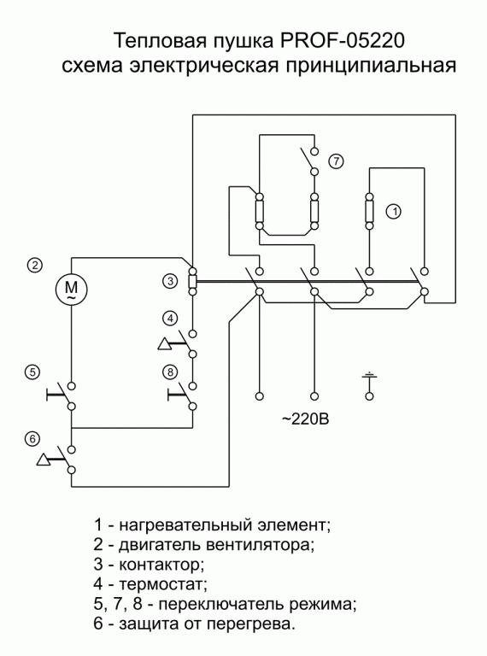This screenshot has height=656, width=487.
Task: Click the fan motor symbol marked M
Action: pyautogui.click(x=71, y=289)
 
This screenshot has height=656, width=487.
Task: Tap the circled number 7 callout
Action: pyautogui.click(x=336, y=161)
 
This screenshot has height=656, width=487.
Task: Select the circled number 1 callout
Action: pyautogui.click(x=393, y=211)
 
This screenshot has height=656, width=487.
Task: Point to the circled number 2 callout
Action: pyautogui.click(x=35, y=265)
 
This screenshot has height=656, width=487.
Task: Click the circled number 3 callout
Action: pyautogui.click(x=170, y=281)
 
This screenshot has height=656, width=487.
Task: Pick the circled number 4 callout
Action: pyautogui.click(x=170, y=319)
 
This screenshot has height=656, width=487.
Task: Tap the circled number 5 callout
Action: pyautogui.click(x=32, y=372)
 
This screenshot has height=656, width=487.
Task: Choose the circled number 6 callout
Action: pyautogui.click(x=32, y=439)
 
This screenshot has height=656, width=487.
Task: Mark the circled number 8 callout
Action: pyautogui.click(x=170, y=372)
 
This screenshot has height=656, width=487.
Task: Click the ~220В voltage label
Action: pyautogui.click(x=305, y=419)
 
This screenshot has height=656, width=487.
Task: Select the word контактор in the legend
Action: pyautogui.click(x=162, y=565)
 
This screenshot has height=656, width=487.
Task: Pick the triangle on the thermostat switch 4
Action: pyautogui.click(x=164, y=344)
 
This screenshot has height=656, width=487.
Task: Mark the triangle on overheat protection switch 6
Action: pyautogui.click(x=43, y=460)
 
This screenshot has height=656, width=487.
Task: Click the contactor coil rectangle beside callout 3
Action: pyautogui.click(x=192, y=281)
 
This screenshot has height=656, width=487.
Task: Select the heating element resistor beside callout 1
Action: pyautogui.click(x=369, y=211)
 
